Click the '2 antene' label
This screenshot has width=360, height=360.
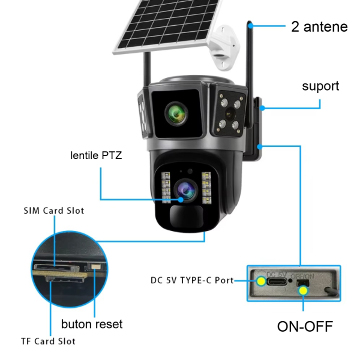click(x=319, y=26)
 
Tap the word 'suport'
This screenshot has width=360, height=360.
click(x=320, y=86)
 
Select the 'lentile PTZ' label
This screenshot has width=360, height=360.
click(x=96, y=156)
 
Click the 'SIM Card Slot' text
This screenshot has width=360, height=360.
click(x=54, y=211)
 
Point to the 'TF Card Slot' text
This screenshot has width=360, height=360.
click(x=49, y=341)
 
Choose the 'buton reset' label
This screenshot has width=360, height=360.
click(x=92, y=325)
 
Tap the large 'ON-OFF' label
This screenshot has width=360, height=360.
click(x=305, y=327)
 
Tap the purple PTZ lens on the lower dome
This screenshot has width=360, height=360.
click(x=185, y=191)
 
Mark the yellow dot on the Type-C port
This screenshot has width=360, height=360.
click(x=262, y=281)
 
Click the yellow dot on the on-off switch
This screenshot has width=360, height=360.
click(x=304, y=291)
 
